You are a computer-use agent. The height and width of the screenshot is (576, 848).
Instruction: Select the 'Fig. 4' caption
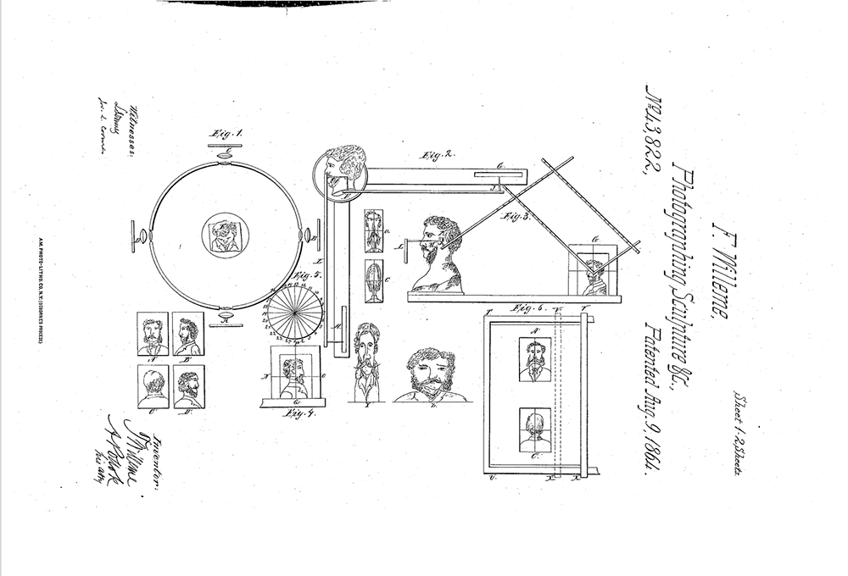293,413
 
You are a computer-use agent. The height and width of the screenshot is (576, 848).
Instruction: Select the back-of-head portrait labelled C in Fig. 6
534,430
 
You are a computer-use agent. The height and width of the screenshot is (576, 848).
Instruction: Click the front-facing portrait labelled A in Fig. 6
534,359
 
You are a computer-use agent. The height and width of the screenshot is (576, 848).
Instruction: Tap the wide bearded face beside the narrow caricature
429,374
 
